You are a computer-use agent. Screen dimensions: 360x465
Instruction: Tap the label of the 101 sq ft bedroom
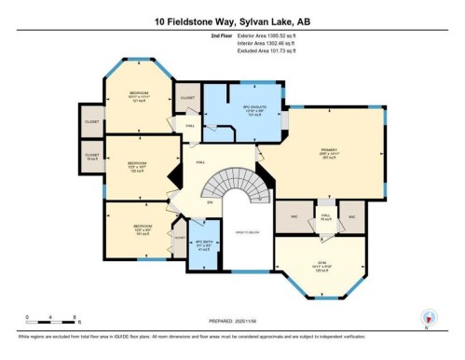142,228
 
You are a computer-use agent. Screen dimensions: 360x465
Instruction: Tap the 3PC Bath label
203,246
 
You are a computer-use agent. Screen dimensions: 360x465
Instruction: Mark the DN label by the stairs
211,202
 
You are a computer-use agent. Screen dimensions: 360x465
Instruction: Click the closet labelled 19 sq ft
92,157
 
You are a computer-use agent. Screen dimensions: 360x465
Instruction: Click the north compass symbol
429,317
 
